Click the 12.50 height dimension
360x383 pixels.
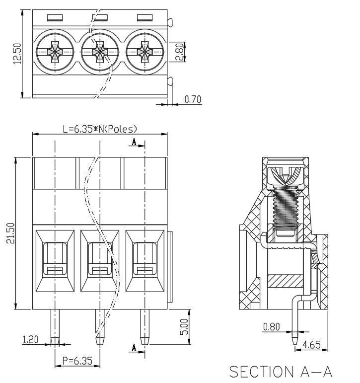click(17, 54)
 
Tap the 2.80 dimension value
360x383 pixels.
click(180, 52)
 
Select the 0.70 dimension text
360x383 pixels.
click(193, 99)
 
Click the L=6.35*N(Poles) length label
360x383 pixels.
click(100, 129)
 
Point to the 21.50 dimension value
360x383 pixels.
click(11, 233)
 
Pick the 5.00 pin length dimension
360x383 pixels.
click(184, 327)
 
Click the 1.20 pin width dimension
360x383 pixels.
click(30, 339)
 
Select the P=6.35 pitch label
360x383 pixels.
click(77, 361)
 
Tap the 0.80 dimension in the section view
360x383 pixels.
click(271, 326)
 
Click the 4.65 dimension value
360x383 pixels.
click(311, 345)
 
